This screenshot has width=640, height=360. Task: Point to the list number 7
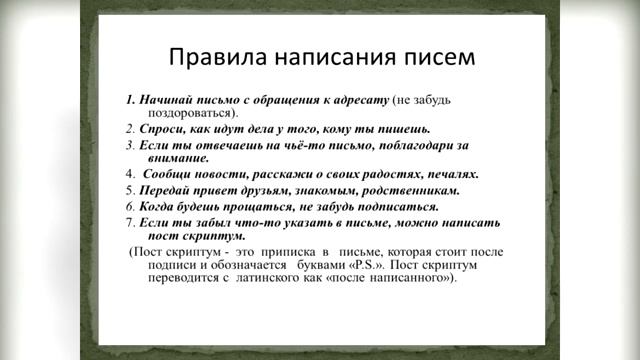click(130, 220)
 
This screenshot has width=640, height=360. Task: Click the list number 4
click(130, 173)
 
